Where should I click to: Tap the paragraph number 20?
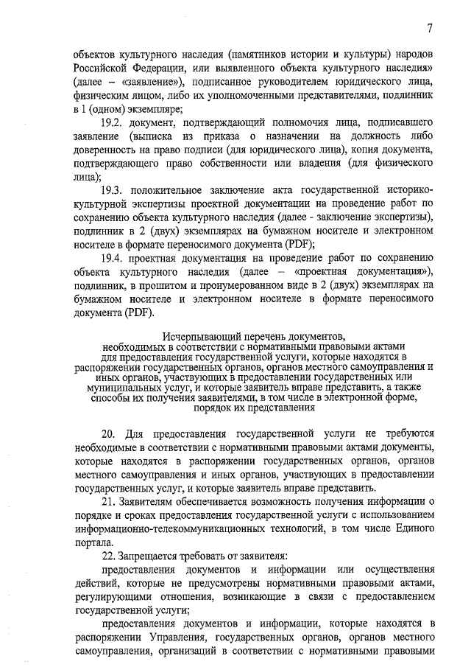[x=110, y=435]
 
